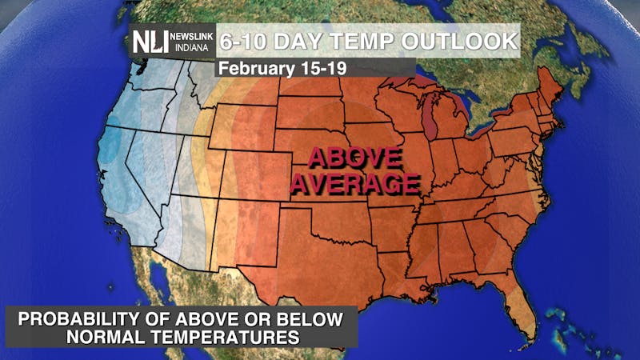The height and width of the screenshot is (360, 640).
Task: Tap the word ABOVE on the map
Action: [x=353, y=156]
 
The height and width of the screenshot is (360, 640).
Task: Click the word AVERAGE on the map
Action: [x=354, y=184]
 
